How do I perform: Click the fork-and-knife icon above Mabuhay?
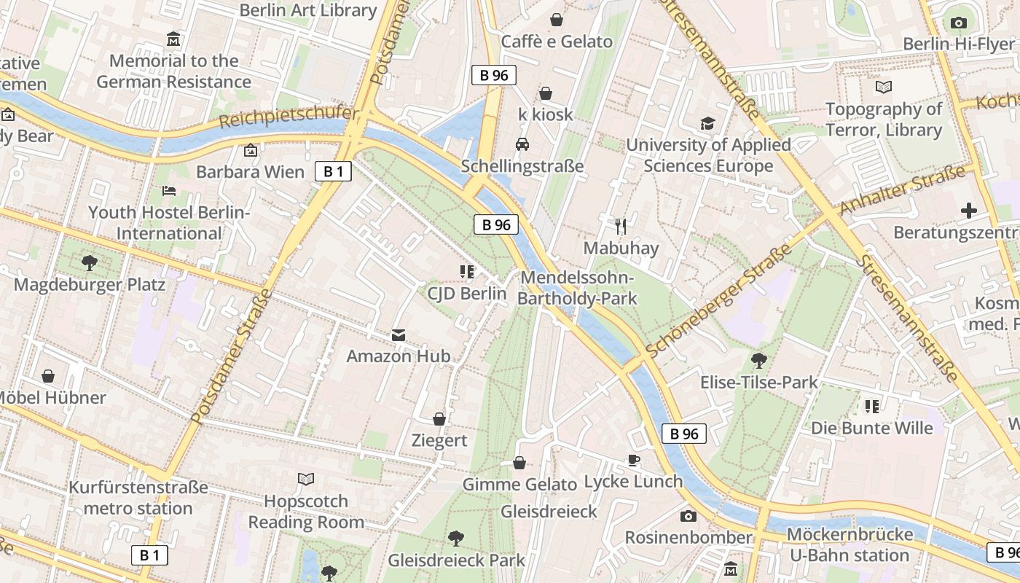(x=620, y=227)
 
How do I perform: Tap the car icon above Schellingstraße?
(x=522, y=144)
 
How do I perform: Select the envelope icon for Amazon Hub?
(x=399, y=334)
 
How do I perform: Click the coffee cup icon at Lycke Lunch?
(x=634, y=460)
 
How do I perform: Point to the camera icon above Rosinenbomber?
(x=688, y=516)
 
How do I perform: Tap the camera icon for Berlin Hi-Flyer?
(x=959, y=23)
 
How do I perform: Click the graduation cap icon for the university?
(x=707, y=123)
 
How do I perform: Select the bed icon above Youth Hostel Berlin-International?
(x=169, y=191)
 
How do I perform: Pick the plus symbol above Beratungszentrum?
(x=968, y=211)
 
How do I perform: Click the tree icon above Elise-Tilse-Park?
(x=758, y=360)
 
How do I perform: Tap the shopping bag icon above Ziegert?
(x=439, y=419)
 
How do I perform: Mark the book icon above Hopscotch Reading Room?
(x=306, y=480)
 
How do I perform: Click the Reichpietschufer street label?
(x=289, y=117)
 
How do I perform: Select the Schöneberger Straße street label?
(x=718, y=301)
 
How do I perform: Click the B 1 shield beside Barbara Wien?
(x=333, y=172)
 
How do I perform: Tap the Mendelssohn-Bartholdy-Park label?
(x=578, y=288)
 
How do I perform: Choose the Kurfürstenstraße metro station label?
(x=138, y=498)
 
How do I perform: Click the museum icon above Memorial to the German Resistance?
(x=173, y=39)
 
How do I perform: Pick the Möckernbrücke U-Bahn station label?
(x=850, y=544)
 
